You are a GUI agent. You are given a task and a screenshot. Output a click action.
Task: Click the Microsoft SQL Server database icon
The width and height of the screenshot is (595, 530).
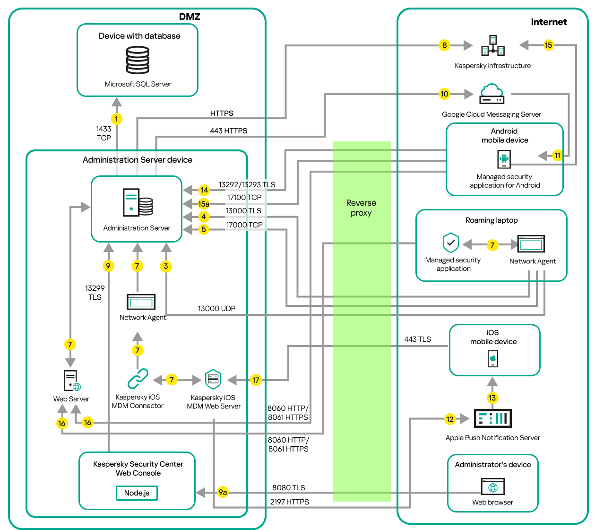138,60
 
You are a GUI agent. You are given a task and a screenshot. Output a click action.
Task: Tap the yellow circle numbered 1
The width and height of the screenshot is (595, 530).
117,119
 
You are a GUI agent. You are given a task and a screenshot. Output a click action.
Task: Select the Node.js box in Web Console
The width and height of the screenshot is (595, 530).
137,493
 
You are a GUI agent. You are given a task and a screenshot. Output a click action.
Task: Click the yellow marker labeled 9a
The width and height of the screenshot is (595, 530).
223,492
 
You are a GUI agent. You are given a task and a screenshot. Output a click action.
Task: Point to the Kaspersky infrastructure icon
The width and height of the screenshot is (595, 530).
493,45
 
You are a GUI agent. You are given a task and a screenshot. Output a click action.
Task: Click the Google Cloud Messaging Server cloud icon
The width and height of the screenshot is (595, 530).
492,94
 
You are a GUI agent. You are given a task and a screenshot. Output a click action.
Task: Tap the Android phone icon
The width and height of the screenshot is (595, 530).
504,159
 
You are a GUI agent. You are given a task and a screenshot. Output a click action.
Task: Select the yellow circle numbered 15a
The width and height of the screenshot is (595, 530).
204,204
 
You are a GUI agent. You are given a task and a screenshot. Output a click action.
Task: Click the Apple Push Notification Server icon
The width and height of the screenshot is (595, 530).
492,418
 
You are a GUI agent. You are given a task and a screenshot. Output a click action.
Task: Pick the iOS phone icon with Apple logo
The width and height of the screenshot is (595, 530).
493,358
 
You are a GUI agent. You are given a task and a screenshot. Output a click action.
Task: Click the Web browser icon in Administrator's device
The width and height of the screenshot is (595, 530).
493,487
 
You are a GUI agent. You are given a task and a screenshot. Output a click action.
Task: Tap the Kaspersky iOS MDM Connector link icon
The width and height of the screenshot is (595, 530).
138,379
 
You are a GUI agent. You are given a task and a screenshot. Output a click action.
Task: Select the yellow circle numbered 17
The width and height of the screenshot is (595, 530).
256,380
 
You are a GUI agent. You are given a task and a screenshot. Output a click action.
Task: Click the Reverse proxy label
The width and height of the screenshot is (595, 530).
361,208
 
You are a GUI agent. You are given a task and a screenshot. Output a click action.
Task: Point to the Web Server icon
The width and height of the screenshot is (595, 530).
72,381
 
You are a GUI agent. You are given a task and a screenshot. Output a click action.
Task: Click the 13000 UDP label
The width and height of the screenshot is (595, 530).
216,308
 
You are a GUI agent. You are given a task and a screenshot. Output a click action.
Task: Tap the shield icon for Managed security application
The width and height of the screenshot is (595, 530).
451,243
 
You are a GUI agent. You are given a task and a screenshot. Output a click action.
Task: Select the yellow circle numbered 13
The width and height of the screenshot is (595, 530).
492,398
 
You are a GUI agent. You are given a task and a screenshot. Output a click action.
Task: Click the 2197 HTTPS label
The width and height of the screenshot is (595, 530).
289,502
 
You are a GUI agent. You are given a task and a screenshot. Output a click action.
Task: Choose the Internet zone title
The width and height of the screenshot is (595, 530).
549,22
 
